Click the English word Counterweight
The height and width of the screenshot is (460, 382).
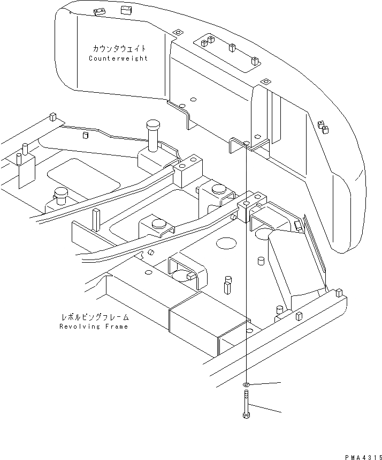(x=118, y=58)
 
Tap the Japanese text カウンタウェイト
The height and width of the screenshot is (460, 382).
(x=118, y=49)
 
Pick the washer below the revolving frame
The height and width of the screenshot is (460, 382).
(x=246, y=385)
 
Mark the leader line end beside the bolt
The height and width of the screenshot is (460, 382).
(x=279, y=412)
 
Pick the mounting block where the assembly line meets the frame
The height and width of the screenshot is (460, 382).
(x=250, y=207)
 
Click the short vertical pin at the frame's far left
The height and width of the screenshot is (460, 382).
(x=19, y=158)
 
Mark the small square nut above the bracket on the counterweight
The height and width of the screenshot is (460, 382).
(x=264, y=81)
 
